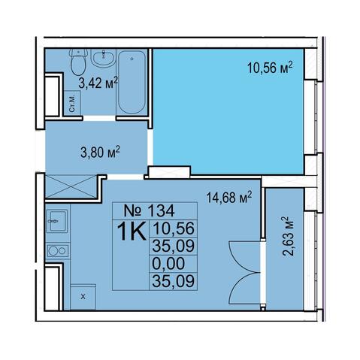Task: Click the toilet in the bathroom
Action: click(79, 62)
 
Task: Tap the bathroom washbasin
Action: click(103, 58)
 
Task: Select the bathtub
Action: click(132, 82)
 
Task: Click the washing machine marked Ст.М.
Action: click(72, 103)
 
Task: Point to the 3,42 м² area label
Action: click(98, 83)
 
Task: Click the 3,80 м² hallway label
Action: click(100, 152)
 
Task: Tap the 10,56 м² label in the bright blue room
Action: click(270, 68)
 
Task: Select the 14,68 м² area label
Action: click(229, 198)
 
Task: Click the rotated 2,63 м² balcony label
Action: click(288, 236)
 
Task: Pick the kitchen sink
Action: click(57, 221)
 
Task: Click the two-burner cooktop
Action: click(58, 251)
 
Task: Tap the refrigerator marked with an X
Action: click(83, 297)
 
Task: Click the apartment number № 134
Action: click(149, 211)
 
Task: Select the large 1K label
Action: click(132, 231)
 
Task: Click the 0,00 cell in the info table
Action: click(168, 264)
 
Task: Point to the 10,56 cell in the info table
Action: click(174, 228)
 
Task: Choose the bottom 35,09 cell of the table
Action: click(174, 281)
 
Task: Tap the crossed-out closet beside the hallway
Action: click(71, 186)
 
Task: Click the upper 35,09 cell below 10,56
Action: click(174, 246)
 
